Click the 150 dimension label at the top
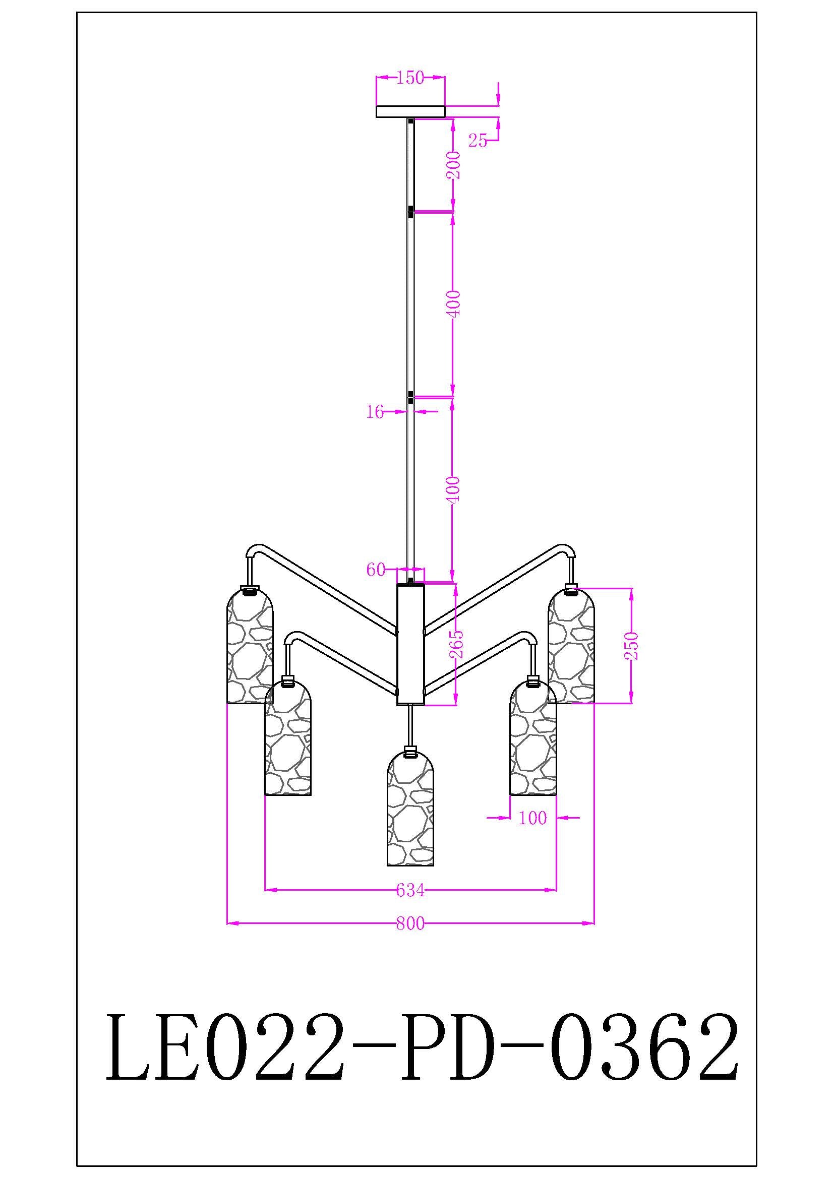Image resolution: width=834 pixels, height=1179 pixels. pyautogui.click(x=410, y=78)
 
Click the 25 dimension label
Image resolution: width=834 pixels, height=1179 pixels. pyautogui.click(x=477, y=140)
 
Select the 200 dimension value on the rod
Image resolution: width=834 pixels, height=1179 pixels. pyautogui.click(x=454, y=165)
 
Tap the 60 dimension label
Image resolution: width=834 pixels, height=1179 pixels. pyautogui.click(x=376, y=570)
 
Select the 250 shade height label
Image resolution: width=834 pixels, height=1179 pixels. pyautogui.click(x=633, y=646)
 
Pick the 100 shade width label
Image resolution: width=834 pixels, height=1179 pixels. pyautogui.click(x=532, y=818)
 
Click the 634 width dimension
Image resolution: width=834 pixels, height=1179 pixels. pyautogui.click(x=410, y=890)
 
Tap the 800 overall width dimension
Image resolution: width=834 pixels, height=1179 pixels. pyautogui.click(x=410, y=924)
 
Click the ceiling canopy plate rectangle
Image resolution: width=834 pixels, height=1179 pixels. pyautogui.click(x=410, y=111)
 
